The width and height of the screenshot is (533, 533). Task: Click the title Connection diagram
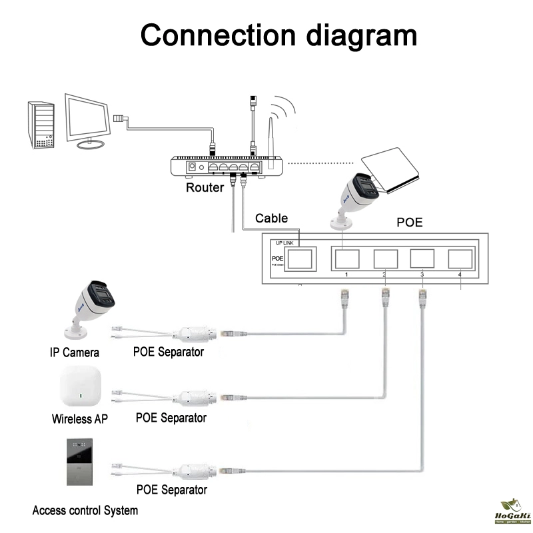point(278,34)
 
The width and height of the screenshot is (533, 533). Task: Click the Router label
point(205,187)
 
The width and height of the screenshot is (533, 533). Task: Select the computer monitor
point(89,120)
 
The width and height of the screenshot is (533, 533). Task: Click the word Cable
point(272,218)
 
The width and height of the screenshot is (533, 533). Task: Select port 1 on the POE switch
point(347,259)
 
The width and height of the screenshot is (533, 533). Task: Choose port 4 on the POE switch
point(460,259)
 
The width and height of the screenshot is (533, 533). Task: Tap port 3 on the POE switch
point(422,259)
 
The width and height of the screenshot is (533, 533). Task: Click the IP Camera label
point(75,352)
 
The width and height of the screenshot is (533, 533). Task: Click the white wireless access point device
point(81,388)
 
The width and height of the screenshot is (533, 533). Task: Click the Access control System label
point(85,511)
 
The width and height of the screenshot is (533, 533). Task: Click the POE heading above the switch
point(410,222)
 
